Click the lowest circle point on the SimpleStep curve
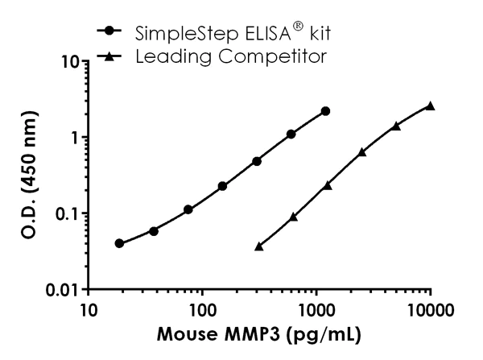tap(119, 243)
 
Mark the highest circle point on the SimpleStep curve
tap(325, 111)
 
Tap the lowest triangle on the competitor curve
tap(258, 246)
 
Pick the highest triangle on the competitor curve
tap(431, 106)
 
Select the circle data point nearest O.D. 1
tap(291, 134)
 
